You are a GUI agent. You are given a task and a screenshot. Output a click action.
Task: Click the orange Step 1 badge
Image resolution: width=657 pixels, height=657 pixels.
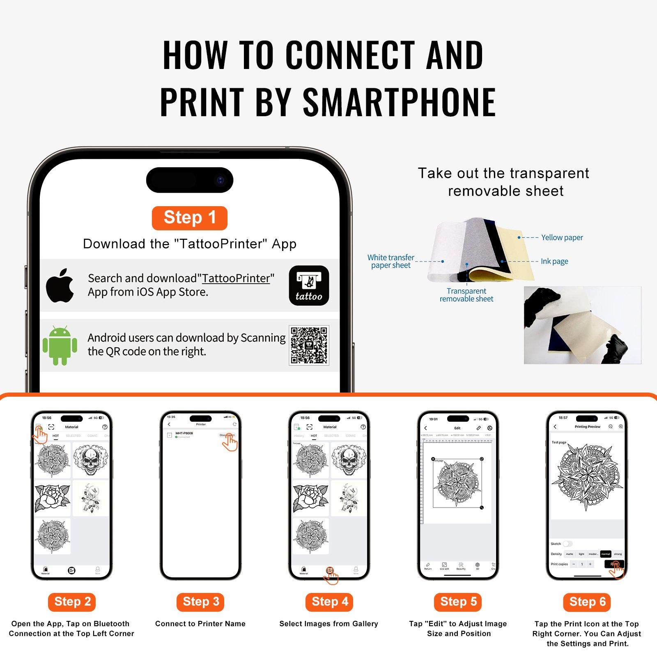point(189,218)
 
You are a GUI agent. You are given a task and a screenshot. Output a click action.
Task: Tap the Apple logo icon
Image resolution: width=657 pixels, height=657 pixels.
point(60,286)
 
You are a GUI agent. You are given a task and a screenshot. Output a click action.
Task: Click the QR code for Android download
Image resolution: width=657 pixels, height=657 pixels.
point(309,345)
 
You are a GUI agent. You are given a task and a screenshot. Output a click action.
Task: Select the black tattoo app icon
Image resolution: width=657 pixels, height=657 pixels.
point(309,286)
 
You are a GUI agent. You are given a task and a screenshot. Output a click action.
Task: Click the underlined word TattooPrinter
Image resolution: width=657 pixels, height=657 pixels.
point(236,278)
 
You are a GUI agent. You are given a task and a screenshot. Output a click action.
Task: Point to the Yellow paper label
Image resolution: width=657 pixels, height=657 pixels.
point(562,237)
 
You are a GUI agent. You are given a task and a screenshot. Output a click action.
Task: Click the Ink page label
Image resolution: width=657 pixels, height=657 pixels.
point(554,261)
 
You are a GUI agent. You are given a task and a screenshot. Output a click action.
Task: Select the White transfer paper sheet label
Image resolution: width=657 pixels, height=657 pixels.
point(391,261)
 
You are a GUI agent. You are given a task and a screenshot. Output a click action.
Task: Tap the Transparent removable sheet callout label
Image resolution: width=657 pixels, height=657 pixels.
point(466,295)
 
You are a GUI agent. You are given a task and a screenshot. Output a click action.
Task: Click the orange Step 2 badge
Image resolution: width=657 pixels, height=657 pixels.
point(72,602)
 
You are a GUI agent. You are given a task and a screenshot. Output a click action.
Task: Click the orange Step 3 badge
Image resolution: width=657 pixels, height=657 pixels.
point(201,602)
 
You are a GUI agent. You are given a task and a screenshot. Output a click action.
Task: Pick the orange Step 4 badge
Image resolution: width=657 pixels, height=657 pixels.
point(330,602)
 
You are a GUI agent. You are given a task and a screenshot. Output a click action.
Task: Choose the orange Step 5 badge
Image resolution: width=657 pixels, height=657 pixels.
point(458,602)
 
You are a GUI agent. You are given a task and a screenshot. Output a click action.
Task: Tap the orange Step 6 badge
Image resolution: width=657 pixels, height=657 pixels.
point(587,602)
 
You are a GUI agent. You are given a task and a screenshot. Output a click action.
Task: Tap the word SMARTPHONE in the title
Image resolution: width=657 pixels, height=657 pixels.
point(399,101)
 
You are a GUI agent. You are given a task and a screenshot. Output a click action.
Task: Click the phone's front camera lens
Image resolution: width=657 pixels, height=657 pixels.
point(221,180)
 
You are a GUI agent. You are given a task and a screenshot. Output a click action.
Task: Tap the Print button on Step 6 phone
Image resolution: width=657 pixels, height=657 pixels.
point(614,564)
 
